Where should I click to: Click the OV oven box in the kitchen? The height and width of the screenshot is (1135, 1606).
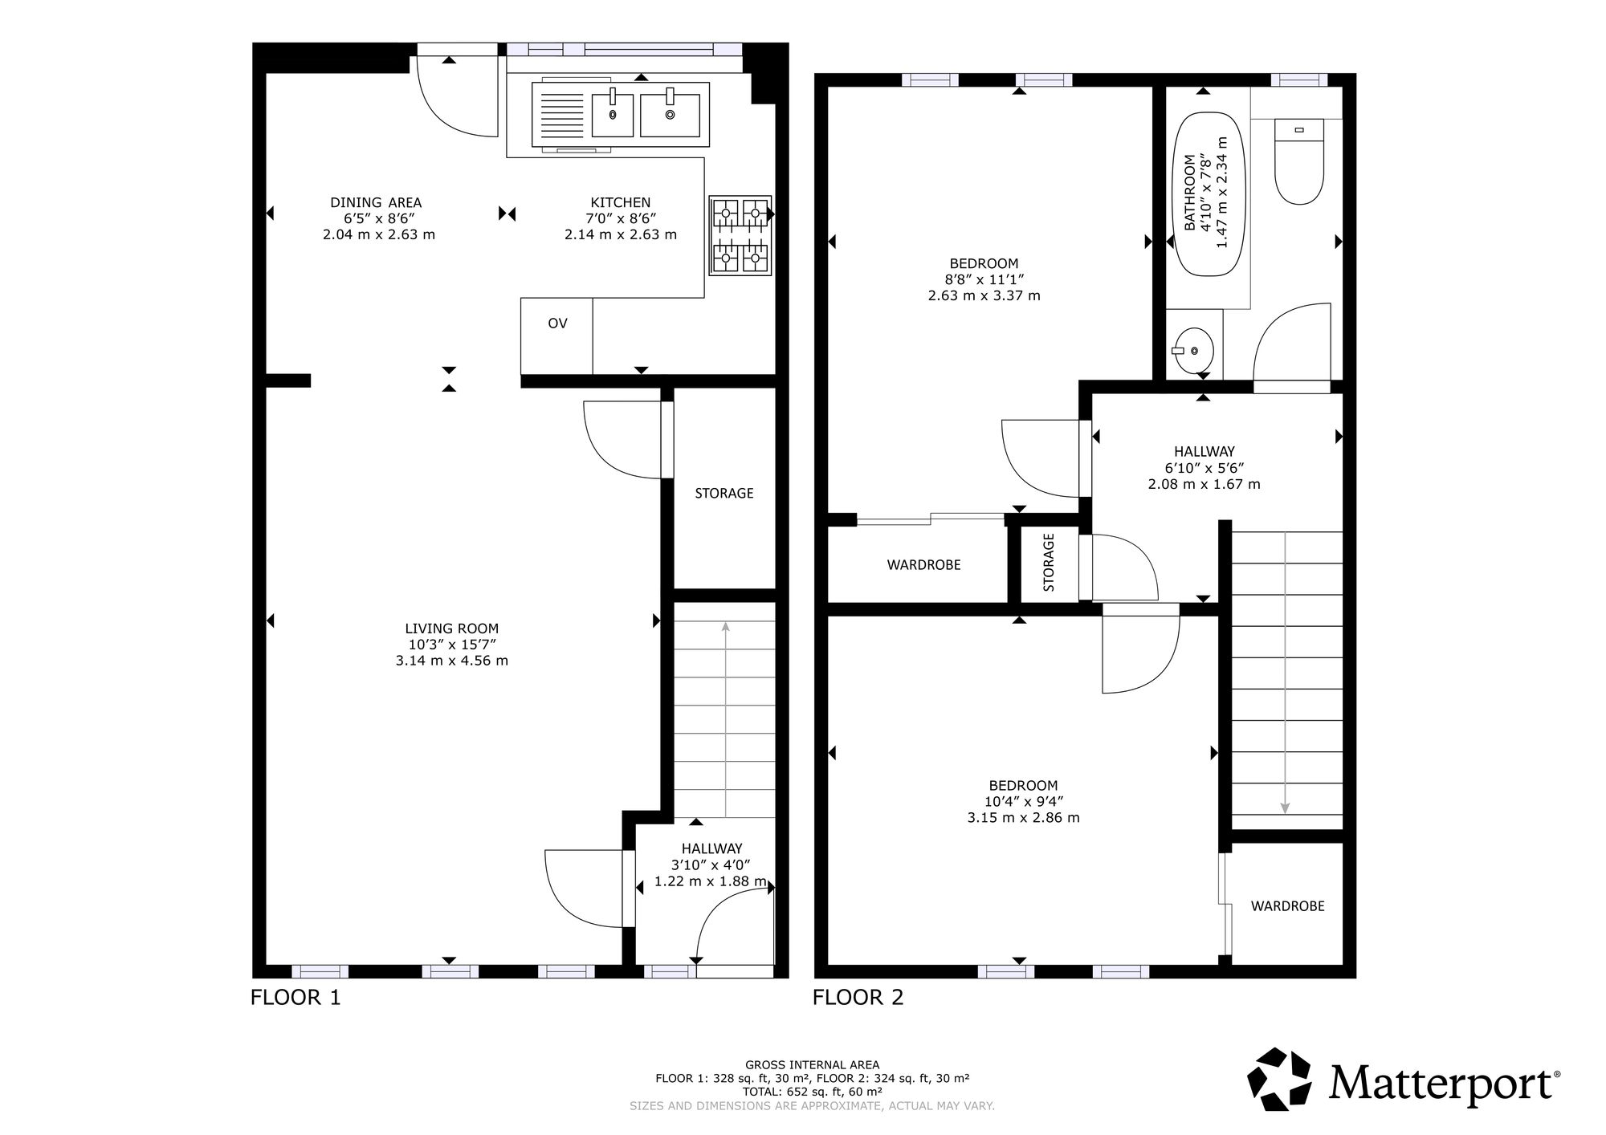tap(556, 336)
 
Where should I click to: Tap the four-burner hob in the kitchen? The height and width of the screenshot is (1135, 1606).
tap(740, 235)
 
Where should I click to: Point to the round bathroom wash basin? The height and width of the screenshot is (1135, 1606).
tap(1194, 351)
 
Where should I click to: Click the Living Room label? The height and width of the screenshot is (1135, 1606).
tap(452, 629)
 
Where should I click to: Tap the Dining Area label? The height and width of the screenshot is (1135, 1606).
tap(376, 202)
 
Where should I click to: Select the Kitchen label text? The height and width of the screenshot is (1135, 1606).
tap(621, 202)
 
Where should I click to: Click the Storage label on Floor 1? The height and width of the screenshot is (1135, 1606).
tap(724, 493)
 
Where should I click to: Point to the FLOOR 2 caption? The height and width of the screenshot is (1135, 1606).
tap(858, 998)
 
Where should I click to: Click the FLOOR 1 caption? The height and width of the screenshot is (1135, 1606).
tap(296, 998)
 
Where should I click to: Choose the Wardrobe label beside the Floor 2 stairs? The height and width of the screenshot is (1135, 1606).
tap(1288, 905)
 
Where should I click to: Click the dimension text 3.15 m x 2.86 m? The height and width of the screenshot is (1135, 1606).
tap(1024, 818)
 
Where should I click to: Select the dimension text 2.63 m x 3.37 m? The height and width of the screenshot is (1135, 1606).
tap(984, 295)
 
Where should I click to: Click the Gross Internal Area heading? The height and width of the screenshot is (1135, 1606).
tap(812, 1065)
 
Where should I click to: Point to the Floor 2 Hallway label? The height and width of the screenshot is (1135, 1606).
tap(1204, 452)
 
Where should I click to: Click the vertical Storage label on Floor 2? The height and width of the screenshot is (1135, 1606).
tap(1049, 563)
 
